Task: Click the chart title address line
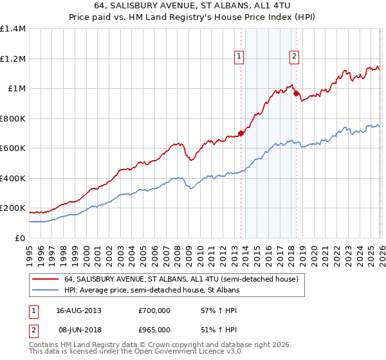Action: click(193, 6)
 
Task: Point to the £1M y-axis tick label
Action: click(17, 89)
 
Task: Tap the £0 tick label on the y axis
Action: click(21, 238)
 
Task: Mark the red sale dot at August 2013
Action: click(241, 134)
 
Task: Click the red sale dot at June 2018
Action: click(296, 94)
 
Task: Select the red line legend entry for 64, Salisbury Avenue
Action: click(180, 280)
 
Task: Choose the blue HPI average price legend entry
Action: click(151, 291)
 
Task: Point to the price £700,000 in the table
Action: click(154, 310)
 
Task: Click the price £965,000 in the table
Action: click(154, 329)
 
